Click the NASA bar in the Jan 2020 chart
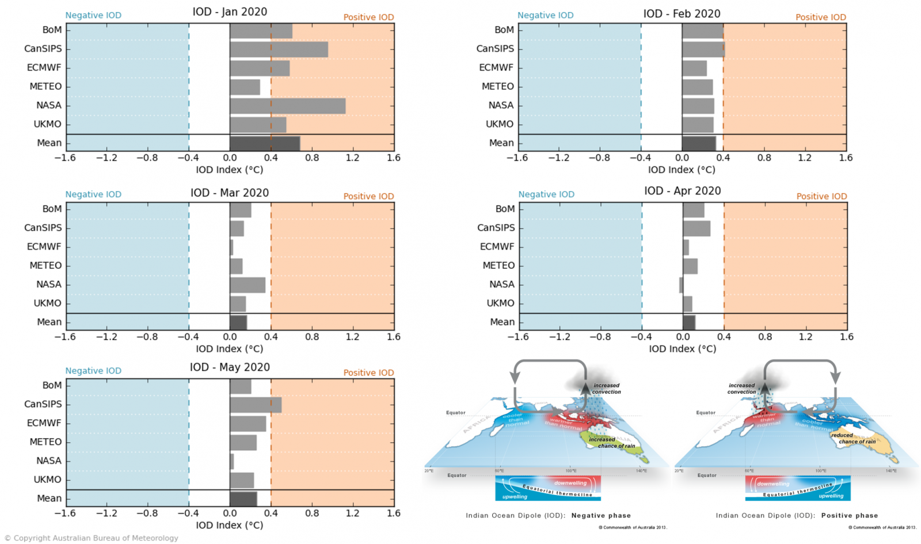[x=287, y=106]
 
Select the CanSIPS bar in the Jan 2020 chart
[x=279, y=50]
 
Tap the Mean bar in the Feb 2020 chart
[x=699, y=143]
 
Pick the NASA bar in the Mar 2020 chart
[x=248, y=285]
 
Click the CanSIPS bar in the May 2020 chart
[x=256, y=405]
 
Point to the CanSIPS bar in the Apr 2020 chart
[x=697, y=229]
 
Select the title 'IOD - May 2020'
[x=230, y=367]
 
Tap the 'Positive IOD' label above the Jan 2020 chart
[x=368, y=17]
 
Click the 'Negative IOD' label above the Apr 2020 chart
[x=546, y=195]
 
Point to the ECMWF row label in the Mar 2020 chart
[x=44, y=246]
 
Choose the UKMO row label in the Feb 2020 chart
[x=499, y=124]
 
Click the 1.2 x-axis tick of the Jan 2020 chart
[x=352, y=158]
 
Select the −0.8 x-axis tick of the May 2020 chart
[x=147, y=513]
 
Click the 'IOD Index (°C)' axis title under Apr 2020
[x=682, y=349]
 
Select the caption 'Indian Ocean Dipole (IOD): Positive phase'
[x=797, y=516]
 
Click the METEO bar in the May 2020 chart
[x=243, y=443]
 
